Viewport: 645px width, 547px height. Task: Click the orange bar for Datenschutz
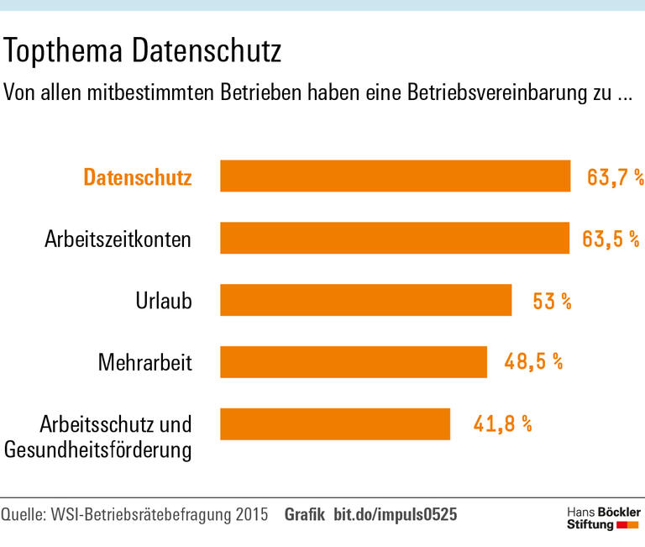(395, 176)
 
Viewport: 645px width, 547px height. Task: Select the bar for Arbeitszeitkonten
(395, 238)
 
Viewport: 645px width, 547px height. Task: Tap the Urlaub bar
(365, 300)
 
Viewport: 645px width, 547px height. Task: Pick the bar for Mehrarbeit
(353, 362)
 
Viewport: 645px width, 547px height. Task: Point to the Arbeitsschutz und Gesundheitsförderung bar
(335, 424)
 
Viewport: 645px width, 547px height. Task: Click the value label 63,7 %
(615, 177)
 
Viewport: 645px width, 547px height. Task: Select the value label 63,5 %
(611, 239)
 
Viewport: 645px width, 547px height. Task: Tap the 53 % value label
(552, 301)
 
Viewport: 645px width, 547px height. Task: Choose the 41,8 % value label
(502, 424)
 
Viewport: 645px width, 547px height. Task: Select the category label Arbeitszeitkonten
(118, 239)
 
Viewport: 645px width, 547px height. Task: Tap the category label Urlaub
(164, 301)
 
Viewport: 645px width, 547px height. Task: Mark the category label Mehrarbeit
(145, 363)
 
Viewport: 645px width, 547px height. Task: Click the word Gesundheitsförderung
(98, 450)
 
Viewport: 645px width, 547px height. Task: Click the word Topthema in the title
(65, 53)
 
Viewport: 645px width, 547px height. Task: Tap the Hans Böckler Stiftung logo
(602, 518)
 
